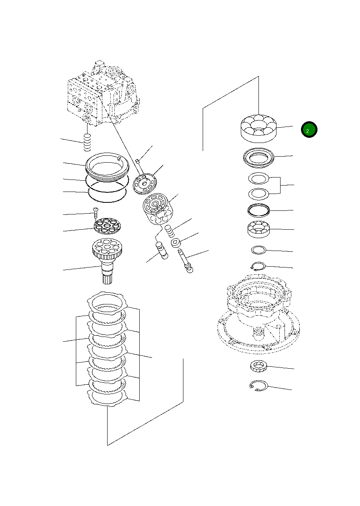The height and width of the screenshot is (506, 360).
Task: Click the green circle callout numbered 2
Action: coord(309,130)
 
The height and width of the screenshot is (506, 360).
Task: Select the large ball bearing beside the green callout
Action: coord(258,128)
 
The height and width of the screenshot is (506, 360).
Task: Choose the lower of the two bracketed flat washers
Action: coord(258,194)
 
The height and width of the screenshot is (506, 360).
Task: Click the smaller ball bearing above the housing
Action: coord(258,229)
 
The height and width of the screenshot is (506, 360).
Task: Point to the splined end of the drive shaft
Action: coord(107,277)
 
